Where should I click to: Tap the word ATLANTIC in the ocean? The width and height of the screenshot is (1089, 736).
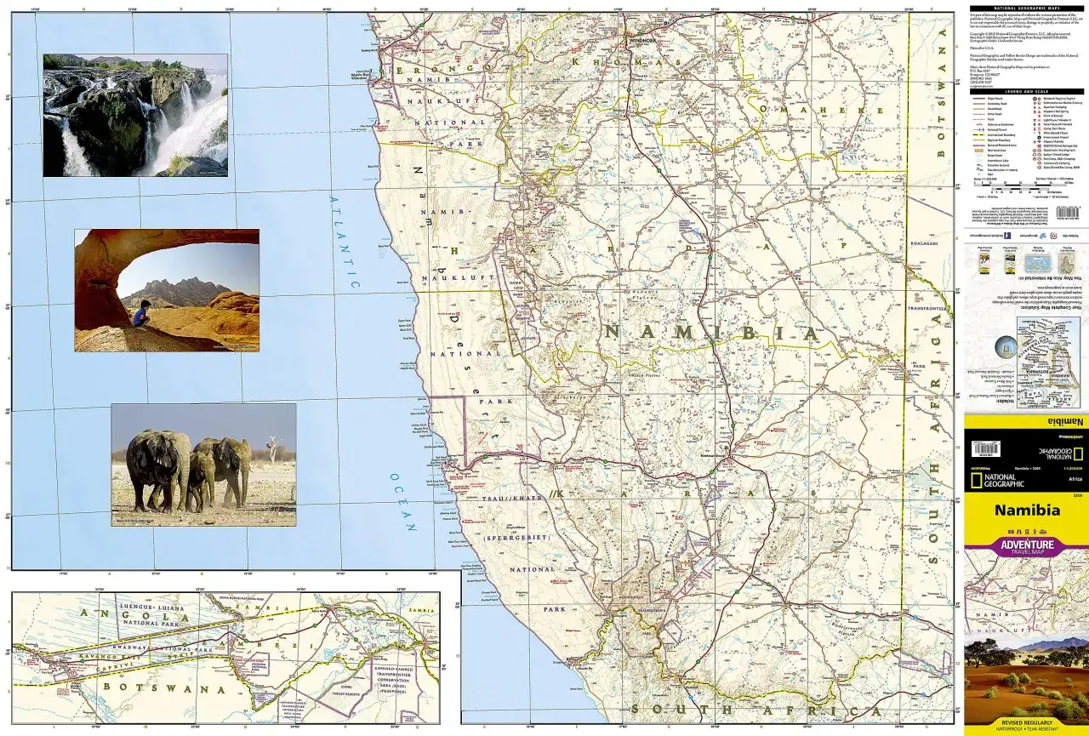tap(345, 242)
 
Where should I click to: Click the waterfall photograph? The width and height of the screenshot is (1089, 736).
tap(135, 115)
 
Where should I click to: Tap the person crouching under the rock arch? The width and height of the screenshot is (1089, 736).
tap(140, 315)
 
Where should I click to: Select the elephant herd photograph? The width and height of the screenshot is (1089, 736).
tap(203, 465)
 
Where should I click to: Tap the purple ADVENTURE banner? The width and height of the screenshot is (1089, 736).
tap(1025, 545)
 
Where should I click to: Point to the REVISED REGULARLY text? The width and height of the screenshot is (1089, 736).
tap(1025, 723)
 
